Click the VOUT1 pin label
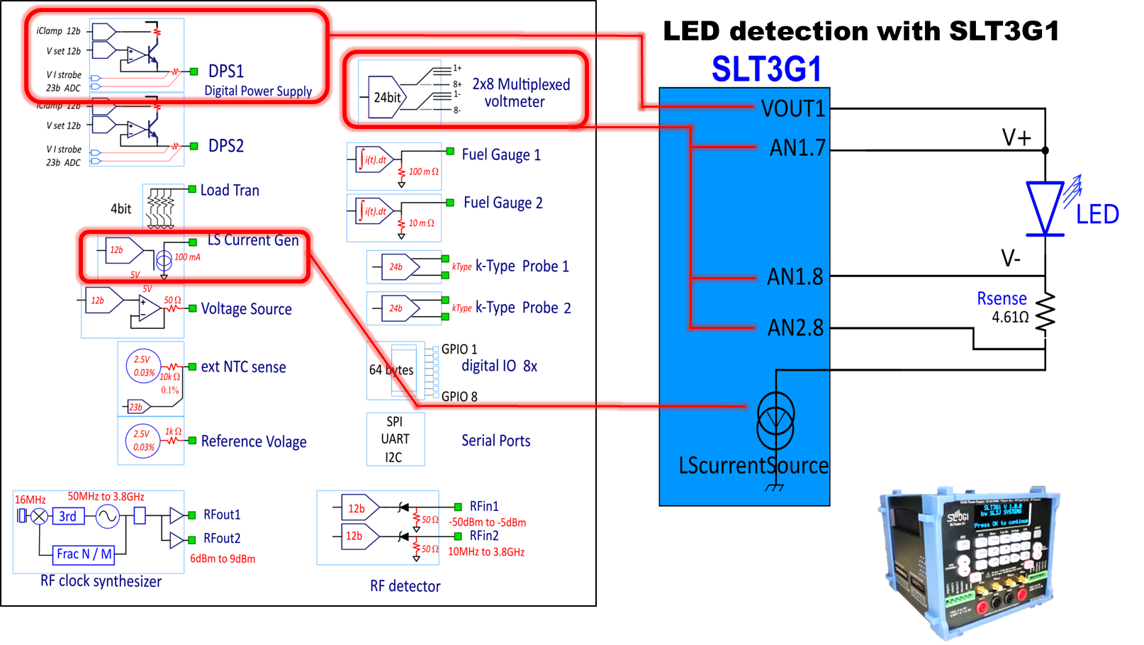tap(792, 108)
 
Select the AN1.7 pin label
tap(797, 147)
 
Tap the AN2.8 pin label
tap(795, 327)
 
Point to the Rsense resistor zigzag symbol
tap(1045, 311)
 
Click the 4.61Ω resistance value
tap(1010, 317)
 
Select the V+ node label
tap(1016, 137)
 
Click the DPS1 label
tap(225, 71)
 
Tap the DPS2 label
tap(225, 145)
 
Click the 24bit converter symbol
tap(388, 97)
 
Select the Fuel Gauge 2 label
tap(503, 203)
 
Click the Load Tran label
tap(230, 190)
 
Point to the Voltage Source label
tap(246, 308)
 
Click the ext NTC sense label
tap(243, 366)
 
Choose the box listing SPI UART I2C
tap(395, 439)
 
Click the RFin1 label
tap(484, 506)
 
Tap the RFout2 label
tap(222, 538)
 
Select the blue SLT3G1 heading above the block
tap(766, 69)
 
